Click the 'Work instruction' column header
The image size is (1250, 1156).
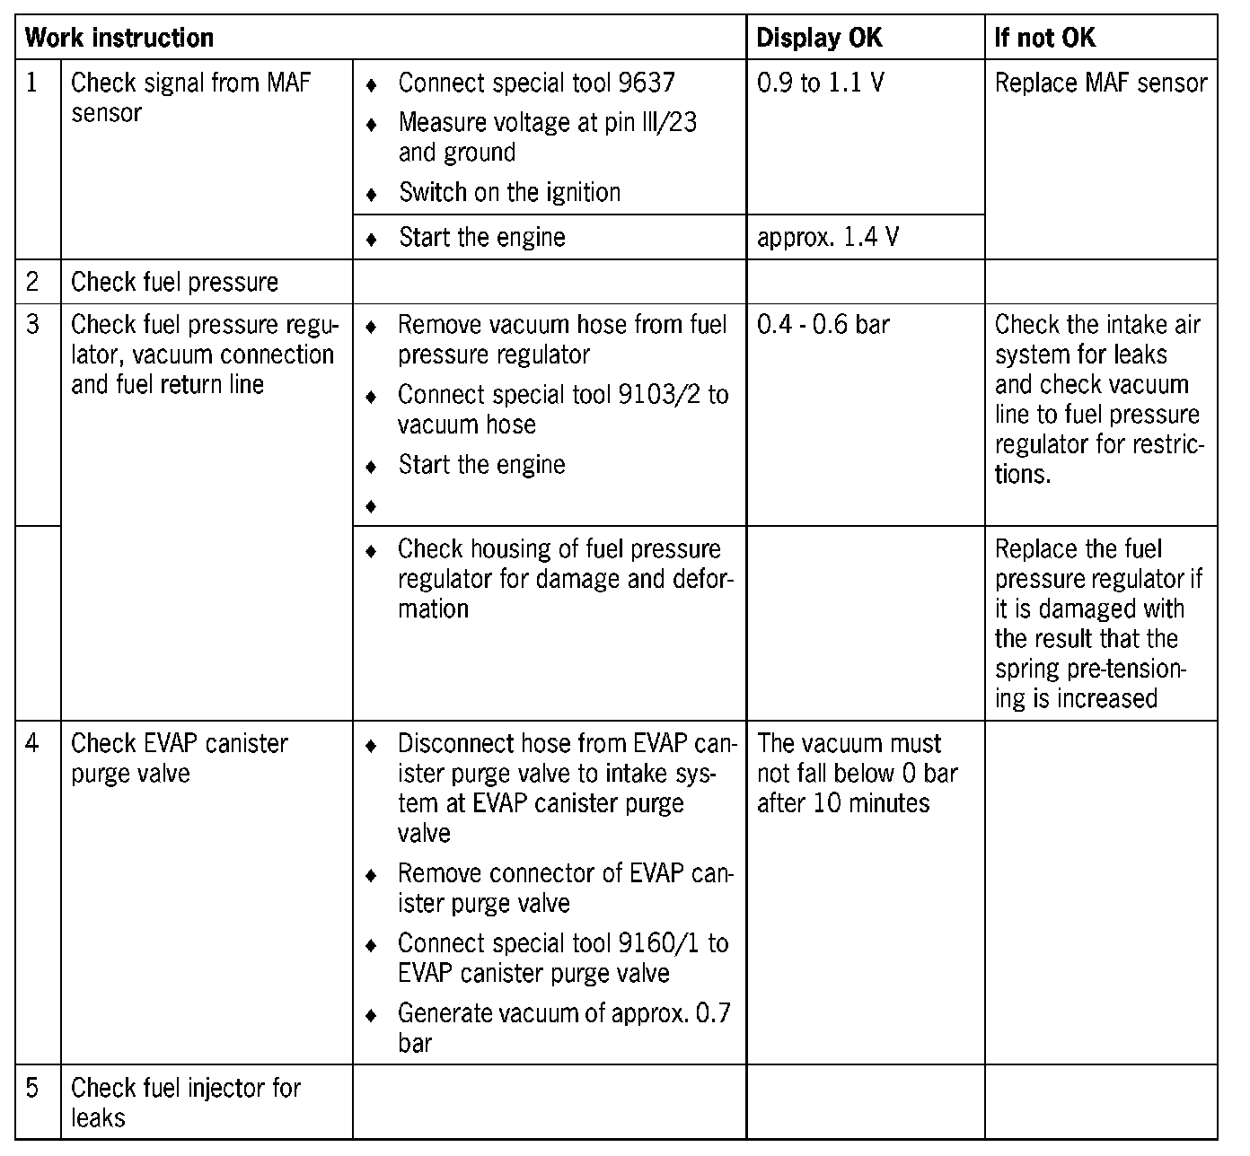119,38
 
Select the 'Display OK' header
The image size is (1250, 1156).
819,38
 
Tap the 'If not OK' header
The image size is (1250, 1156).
1044,38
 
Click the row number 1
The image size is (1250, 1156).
32,83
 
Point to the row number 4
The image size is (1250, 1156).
32,744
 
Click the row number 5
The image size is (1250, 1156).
32,1089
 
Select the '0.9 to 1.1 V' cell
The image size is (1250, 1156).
820,83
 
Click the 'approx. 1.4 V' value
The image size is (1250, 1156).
828,238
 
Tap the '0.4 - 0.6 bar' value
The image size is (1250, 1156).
823,324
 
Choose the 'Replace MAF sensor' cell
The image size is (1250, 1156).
1101,83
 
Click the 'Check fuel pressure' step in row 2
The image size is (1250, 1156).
174,282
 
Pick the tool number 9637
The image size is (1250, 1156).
647,83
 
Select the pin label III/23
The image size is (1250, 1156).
665,122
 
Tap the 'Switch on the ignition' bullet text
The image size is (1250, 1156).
509,193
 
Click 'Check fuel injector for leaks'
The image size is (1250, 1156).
185,1103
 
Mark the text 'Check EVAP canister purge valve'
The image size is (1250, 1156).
180,758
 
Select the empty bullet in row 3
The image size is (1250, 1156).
370,507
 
